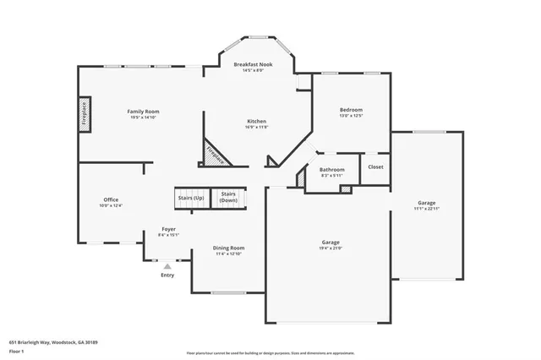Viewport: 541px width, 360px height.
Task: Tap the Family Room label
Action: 144,112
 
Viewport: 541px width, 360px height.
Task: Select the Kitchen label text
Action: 257,121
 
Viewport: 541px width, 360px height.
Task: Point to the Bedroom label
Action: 351,110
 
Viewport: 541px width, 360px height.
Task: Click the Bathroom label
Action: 331,170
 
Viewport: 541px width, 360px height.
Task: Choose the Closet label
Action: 375,166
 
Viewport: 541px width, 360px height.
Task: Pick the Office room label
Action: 111,199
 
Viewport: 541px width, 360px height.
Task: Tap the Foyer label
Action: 169,229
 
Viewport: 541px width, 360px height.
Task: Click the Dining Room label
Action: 228,248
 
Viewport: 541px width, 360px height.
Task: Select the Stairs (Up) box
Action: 191,199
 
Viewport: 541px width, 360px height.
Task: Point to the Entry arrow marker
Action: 167,265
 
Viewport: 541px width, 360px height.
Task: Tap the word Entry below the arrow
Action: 167,275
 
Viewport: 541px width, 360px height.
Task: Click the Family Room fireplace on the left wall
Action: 85,113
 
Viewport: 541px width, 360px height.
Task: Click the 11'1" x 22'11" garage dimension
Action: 427,209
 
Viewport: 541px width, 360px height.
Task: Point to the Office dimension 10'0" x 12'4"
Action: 111,205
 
